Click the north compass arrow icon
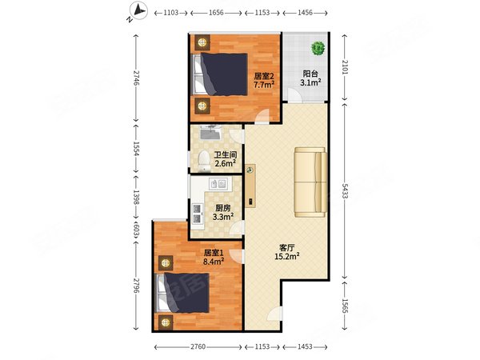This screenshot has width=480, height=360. coord(138,11)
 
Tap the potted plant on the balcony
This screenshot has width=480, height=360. coord(318,48)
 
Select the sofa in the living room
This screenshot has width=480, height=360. coord(310,182)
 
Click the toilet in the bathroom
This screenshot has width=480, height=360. coord(203,161)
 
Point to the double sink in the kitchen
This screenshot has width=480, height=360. coord(218,184)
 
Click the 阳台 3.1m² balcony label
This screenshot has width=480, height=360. coord(310,78)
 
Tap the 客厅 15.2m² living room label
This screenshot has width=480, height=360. coord(287,252)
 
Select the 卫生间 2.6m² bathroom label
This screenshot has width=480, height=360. coord(226,159)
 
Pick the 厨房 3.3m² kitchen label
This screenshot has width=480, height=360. coord(223,213)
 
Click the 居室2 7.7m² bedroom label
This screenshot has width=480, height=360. coord(264,80)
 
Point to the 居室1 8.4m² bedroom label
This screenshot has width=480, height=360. coord(214,257)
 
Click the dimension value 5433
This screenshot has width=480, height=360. coord(345,191)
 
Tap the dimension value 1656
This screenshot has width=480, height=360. coord(216,13)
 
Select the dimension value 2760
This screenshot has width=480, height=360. coord(198,346)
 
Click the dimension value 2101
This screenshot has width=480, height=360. coord(345,67)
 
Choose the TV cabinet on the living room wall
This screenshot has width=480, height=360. coord(250,186)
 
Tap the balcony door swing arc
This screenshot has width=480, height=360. coord(294,95)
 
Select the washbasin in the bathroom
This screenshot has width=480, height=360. coord(210,132)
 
